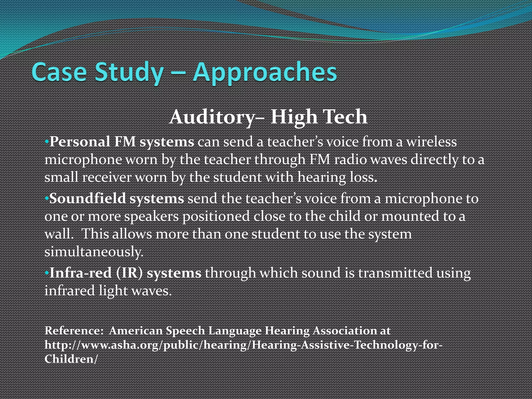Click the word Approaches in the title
tap(265, 72)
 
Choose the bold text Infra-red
tap(81, 273)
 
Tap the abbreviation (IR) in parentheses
tap(129, 273)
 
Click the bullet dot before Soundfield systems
tap(46, 199)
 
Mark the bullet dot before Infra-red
tap(46, 273)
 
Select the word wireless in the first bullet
tap(431, 142)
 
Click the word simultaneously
tap(94, 252)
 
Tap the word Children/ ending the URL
tap(71, 359)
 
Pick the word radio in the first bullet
tap(350, 159)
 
